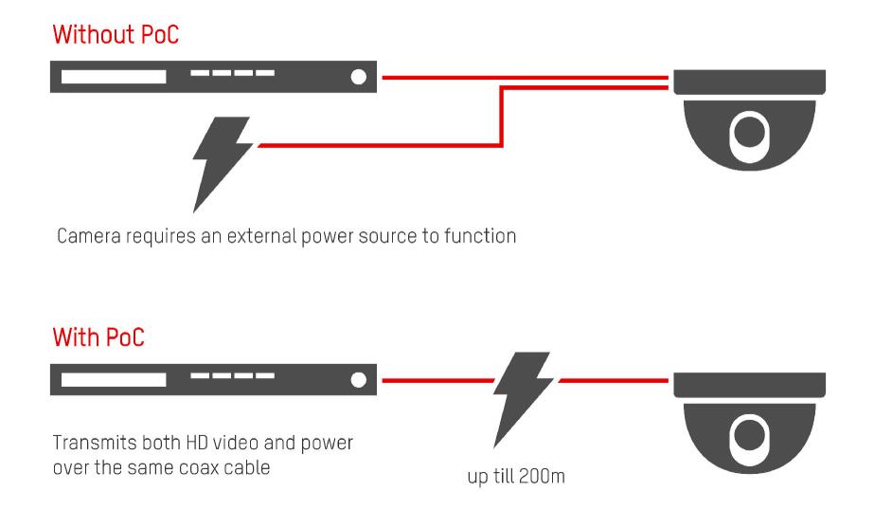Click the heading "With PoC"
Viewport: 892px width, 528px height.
[x=98, y=337]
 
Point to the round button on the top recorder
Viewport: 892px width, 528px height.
[x=358, y=78]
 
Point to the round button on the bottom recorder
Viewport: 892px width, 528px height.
[x=358, y=379]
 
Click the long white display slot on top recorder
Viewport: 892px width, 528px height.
[x=114, y=78]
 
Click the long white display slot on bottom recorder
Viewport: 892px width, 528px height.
[x=114, y=379]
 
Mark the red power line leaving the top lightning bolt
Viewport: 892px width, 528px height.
[x=379, y=145]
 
